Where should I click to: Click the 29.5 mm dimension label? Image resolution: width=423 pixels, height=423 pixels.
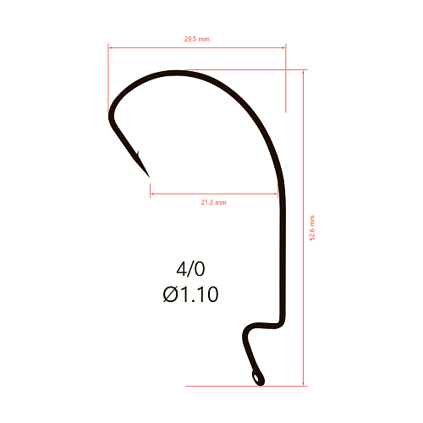point(197,39)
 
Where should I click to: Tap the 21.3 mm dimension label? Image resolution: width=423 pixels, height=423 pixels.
point(213,202)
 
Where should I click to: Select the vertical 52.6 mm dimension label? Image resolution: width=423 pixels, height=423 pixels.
point(312,228)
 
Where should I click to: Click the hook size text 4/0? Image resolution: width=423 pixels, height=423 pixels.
point(190,269)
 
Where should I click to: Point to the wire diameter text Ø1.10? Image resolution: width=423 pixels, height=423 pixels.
point(190,294)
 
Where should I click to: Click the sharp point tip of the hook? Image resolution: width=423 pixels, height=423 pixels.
point(149,177)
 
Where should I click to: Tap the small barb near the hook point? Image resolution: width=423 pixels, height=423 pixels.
point(138,153)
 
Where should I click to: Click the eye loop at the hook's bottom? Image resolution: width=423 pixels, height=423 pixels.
point(258,378)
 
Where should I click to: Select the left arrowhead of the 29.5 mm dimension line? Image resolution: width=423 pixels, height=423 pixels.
point(110,47)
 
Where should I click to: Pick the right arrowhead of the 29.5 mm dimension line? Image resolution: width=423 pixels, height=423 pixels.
point(283,47)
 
